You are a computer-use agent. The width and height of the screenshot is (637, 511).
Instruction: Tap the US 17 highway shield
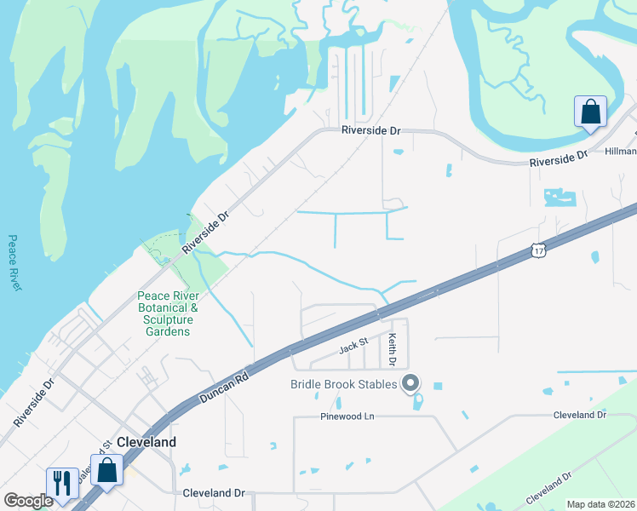537,250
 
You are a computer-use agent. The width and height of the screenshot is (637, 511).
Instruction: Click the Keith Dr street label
393,350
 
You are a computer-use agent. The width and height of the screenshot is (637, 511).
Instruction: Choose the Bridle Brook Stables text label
344,384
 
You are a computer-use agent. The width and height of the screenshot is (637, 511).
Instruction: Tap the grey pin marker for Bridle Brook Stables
410,383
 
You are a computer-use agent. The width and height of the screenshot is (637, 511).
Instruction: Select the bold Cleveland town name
146,442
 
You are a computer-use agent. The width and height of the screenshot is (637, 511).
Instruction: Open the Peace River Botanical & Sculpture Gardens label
168,313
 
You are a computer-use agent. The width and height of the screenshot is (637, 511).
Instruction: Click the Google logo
28,501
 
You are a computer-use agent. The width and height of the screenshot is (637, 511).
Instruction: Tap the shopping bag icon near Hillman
590,112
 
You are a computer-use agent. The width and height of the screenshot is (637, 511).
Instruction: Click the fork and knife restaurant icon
62,483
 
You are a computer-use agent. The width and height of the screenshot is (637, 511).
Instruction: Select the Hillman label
620,151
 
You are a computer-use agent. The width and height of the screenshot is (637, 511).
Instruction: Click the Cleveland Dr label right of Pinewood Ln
579,415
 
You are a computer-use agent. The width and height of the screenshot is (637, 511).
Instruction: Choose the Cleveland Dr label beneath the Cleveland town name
214,493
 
